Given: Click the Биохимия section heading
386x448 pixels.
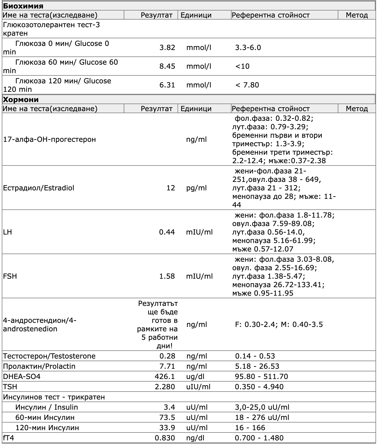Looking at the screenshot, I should click(23, 6).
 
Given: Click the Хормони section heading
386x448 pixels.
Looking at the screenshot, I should click(21, 99).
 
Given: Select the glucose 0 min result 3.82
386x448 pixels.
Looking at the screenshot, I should click(167, 48).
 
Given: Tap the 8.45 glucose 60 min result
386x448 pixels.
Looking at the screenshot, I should click(167, 66).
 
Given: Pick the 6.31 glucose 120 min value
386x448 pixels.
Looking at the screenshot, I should click(167, 85).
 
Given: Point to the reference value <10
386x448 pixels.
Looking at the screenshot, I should click(242, 66).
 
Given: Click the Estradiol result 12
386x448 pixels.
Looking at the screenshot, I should click(170, 188).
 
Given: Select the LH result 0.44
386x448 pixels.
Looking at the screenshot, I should click(167, 232).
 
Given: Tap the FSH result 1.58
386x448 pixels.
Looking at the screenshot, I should click(167, 276).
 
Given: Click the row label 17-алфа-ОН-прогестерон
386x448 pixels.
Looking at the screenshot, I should click(49, 139).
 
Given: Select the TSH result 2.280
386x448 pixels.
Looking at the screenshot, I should click(165, 387).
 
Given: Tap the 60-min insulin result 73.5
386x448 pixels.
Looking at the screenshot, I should click(167, 418).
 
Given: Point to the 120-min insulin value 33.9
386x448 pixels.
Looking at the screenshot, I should click(167, 428).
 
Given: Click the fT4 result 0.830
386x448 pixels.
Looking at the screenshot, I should click(165, 438).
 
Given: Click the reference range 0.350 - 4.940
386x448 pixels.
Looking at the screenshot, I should click(259, 387).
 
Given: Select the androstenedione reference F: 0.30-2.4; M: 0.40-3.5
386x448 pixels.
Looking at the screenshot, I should click(279, 325).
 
